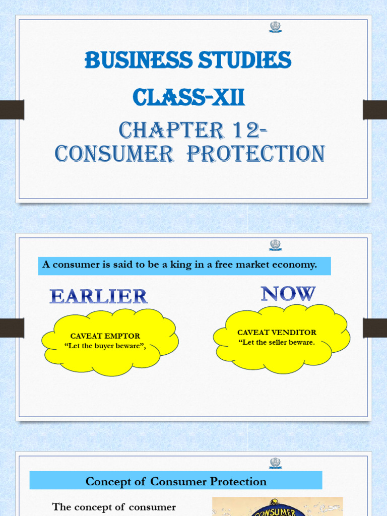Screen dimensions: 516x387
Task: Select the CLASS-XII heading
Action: [188, 97]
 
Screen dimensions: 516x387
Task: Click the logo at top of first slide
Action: [275, 27]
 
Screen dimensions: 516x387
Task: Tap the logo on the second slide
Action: [275, 245]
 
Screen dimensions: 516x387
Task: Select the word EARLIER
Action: [98, 296]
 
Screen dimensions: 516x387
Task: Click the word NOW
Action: [288, 293]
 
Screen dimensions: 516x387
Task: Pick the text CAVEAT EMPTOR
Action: [105, 336]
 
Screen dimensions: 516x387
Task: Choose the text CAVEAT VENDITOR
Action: [277, 333]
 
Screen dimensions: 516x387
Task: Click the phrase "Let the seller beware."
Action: [277, 342]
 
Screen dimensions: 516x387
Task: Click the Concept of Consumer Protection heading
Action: [176, 481]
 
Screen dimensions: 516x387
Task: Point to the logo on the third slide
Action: [275, 463]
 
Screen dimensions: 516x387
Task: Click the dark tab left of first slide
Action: [12, 110]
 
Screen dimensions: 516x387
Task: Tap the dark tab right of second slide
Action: [375, 328]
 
